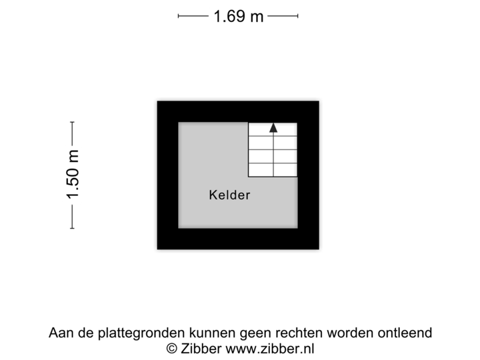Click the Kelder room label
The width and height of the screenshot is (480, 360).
(229, 195)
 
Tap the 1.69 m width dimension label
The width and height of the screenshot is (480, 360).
(237, 16)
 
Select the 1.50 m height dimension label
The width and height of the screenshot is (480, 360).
(72, 175)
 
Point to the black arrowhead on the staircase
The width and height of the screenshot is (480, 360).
(273, 128)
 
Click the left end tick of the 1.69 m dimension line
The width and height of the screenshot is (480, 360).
(179, 16)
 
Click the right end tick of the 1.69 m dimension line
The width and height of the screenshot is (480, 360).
(297, 16)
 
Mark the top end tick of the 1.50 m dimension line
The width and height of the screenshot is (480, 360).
(72, 123)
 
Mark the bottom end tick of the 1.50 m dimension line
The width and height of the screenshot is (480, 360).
(72, 228)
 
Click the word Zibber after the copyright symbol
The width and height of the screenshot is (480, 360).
(202, 347)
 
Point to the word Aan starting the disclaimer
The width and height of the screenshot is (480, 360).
(59, 332)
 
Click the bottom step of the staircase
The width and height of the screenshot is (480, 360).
(273, 169)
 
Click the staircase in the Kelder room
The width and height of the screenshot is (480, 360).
(273, 150)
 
